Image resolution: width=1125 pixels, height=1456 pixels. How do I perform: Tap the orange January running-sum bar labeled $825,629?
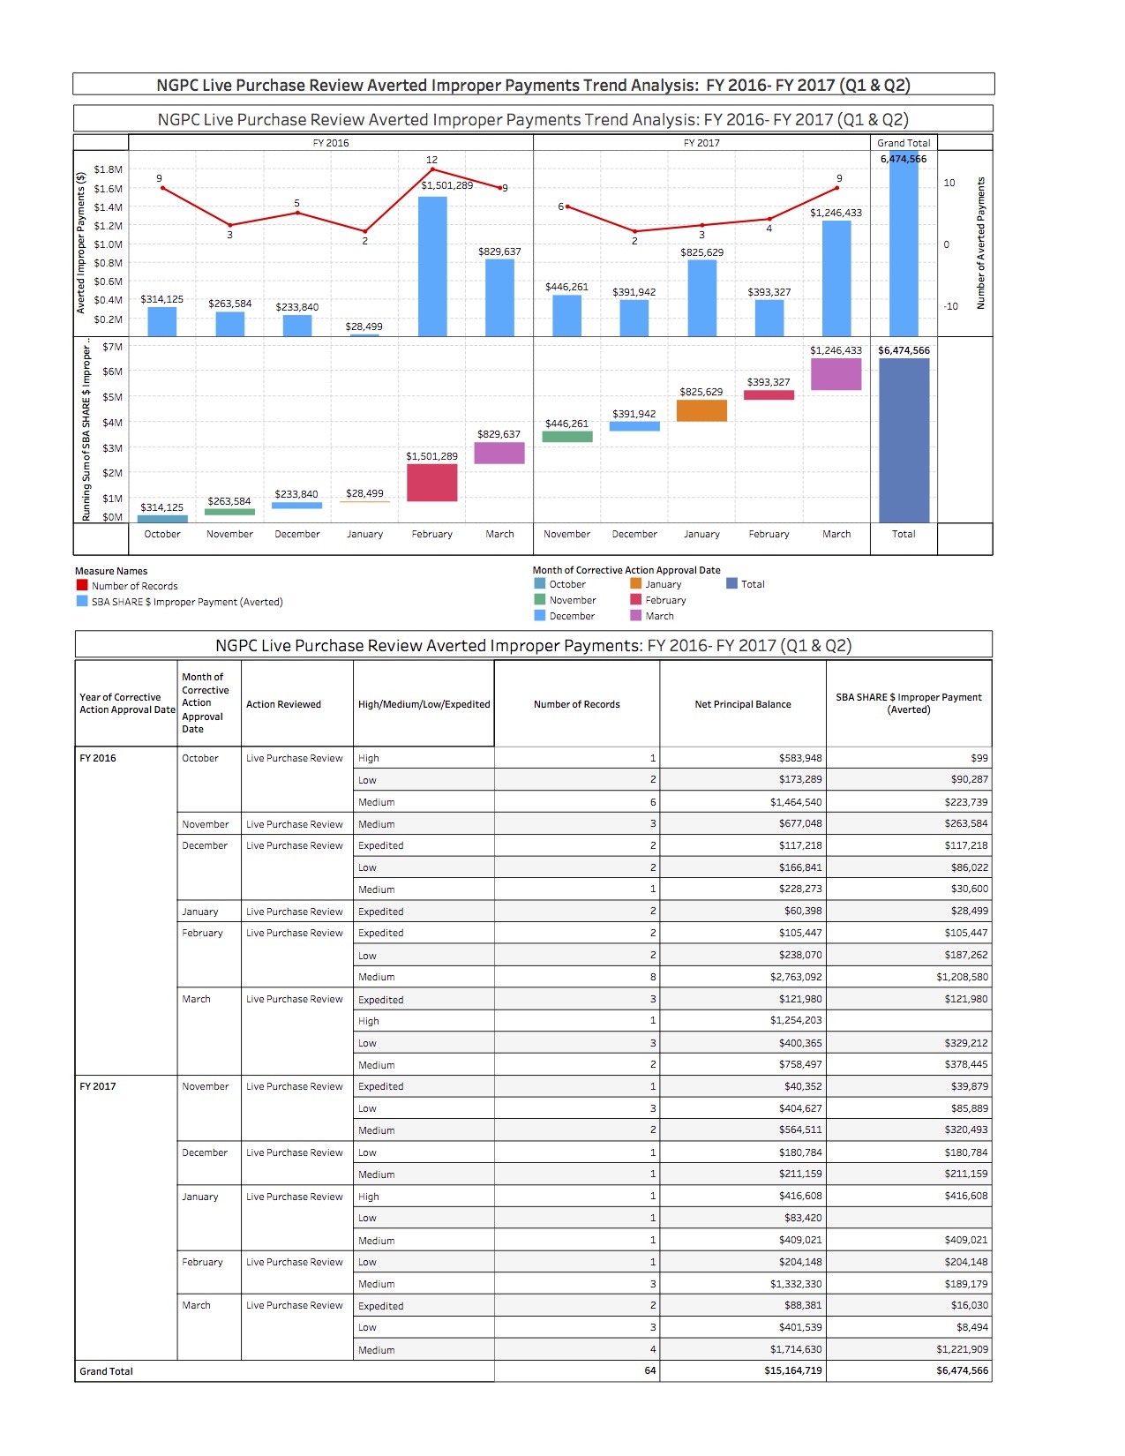[701, 410]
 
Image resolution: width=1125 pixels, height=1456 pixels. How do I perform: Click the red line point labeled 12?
[432, 169]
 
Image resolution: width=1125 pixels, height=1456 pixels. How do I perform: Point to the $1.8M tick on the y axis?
[109, 169]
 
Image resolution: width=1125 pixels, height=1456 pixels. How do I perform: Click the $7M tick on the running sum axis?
[112, 347]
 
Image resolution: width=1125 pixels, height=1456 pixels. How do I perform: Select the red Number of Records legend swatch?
[82, 585]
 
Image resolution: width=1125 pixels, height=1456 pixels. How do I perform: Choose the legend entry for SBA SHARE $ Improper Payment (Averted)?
[187, 602]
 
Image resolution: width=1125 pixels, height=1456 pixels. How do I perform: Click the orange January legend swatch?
[635, 583]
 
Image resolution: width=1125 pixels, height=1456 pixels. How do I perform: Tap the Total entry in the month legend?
[752, 584]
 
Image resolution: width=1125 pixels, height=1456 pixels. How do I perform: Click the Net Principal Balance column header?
[742, 704]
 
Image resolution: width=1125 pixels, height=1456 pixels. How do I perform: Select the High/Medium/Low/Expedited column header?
[424, 704]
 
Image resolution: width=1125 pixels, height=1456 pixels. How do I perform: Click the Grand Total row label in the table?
[107, 1371]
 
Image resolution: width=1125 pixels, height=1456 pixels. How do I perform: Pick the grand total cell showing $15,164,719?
[792, 1371]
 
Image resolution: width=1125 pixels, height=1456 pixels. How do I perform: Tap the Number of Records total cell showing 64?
[650, 1371]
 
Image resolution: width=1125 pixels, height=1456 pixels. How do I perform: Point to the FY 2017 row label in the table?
[98, 1086]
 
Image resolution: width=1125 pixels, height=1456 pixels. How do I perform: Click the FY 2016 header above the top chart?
[331, 143]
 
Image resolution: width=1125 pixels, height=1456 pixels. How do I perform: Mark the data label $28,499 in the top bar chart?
[364, 326]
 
